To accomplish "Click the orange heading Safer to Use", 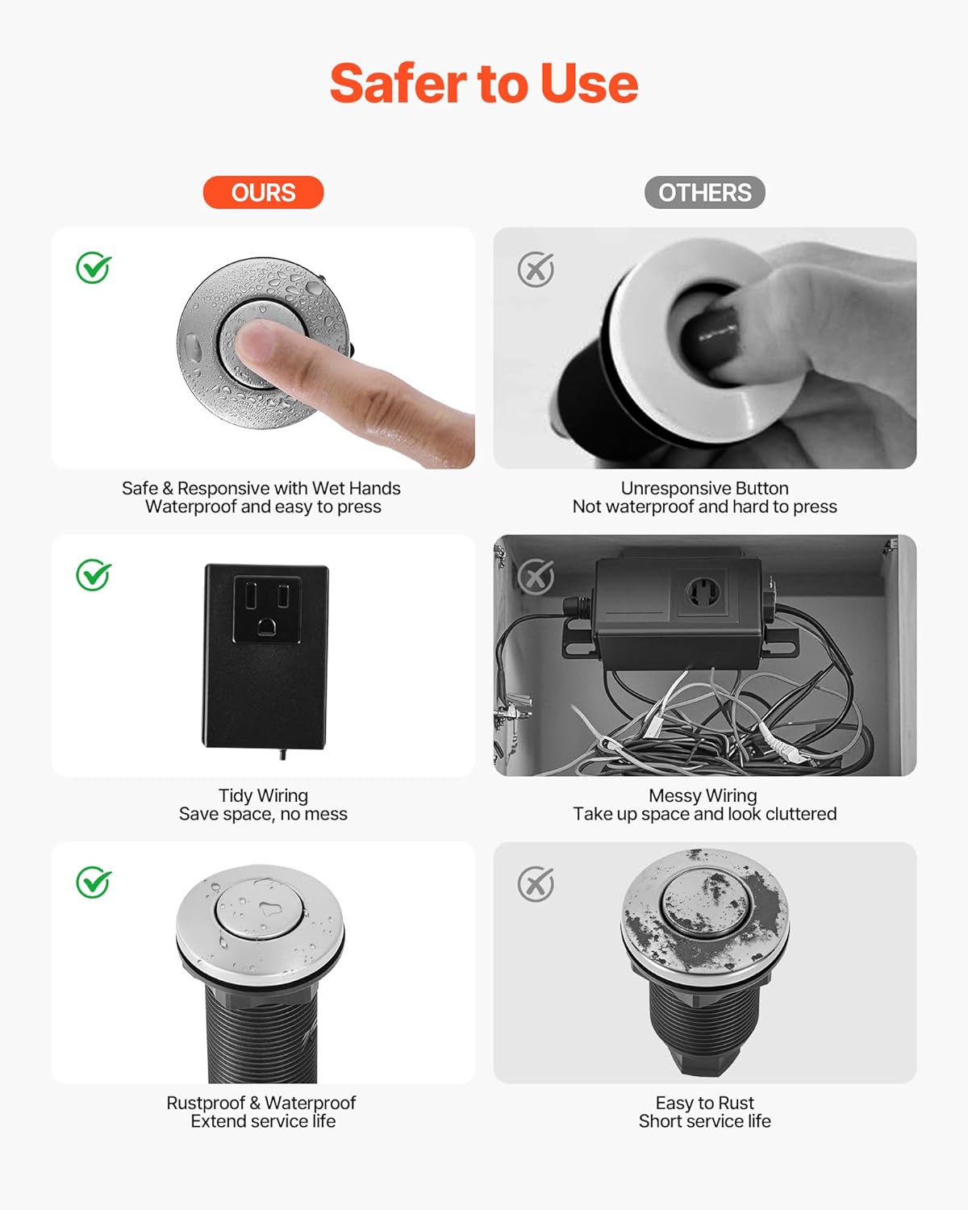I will (484, 84).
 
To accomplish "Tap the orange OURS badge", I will (263, 193).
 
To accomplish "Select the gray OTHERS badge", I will (704, 193).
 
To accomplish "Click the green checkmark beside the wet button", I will (94, 268).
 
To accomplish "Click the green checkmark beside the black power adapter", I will (94, 575).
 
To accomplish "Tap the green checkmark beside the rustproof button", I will (94, 882).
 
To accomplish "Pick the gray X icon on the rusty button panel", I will (536, 884).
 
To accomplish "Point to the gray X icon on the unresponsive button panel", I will (536, 269).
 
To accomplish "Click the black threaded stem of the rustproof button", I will (262, 1037).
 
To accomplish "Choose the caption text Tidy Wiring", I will (263, 795).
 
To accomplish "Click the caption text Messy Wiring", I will (703, 795).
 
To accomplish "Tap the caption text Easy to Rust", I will (704, 1103).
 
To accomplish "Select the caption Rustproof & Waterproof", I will (261, 1103).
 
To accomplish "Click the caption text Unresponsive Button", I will (704, 488).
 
